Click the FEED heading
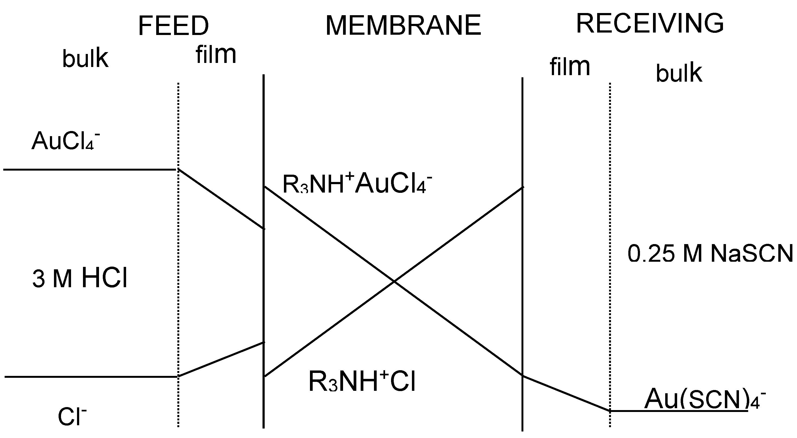[x=173, y=26]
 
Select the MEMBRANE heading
[x=403, y=25]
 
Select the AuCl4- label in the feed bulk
[x=66, y=141]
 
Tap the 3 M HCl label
[x=80, y=278]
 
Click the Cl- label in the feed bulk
[x=72, y=416]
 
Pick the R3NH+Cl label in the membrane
[x=362, y=381]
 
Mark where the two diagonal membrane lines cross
[x=394, y=281]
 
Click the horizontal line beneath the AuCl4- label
[x=90, y=170]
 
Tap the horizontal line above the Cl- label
[x=91, y=376]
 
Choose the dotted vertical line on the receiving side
[x=610, y=247]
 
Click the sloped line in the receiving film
[x=566, y=394]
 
